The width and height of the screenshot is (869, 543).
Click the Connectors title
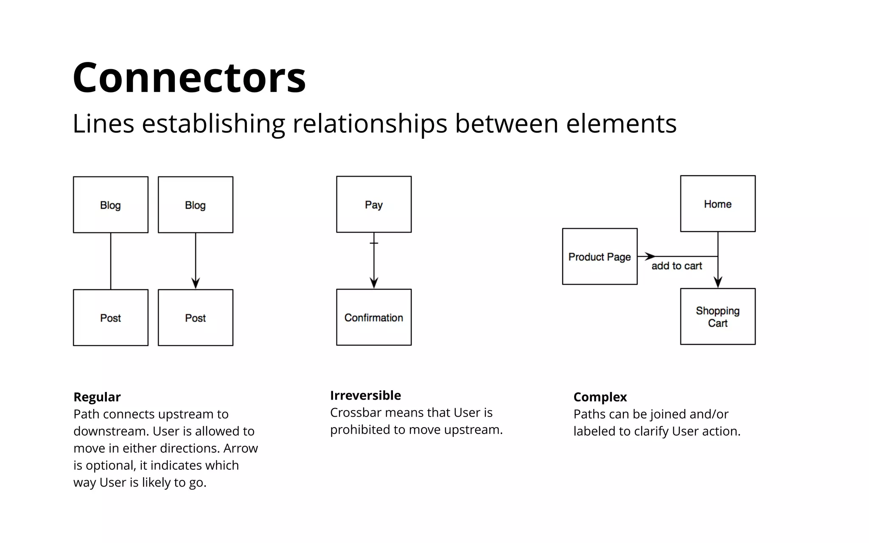pos(189,78)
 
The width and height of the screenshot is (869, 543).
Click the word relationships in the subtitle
pos(370,124)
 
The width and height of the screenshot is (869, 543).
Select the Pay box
pos(374,204)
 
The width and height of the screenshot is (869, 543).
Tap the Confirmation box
pos(374,317)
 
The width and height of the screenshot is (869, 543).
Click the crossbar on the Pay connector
pos(374,243)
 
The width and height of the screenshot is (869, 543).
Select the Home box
pos(718,204)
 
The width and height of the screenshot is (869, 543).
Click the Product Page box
pos(600,257)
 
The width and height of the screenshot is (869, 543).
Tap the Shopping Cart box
pos(718,316)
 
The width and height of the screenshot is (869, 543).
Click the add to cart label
pos(676,266)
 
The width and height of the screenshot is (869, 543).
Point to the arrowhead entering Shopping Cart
pos(718,282)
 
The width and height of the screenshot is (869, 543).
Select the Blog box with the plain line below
pos(111,205)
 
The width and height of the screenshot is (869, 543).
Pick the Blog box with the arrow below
pos(196,205)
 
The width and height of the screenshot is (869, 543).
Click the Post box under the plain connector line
pos(111,318)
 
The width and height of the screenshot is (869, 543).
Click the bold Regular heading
pos(97,397)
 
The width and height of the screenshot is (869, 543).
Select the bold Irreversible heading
pos(365,395)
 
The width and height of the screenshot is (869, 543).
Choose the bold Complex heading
pos(600,397)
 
